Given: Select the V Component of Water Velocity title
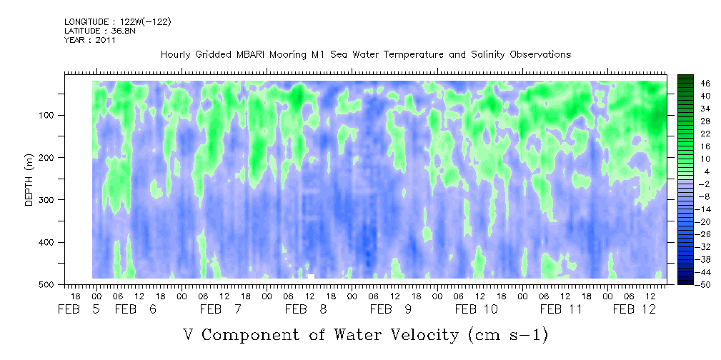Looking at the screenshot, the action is point(366,335).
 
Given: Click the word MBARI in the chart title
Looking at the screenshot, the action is point(252,55).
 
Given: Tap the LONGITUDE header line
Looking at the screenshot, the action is point(118,21).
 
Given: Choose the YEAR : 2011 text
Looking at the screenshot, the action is point(90,40).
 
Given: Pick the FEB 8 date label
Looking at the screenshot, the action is point(306,309).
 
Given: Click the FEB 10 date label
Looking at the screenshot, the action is point(477,309).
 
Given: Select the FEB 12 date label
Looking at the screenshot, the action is point(635,309).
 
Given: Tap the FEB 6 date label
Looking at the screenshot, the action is point(136,309).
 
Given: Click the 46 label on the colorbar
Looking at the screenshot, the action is point(706,84).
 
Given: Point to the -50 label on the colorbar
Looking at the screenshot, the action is point(705,284).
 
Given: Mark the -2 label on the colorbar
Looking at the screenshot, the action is point(705,184).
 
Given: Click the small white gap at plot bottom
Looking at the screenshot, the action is point(311,276).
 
